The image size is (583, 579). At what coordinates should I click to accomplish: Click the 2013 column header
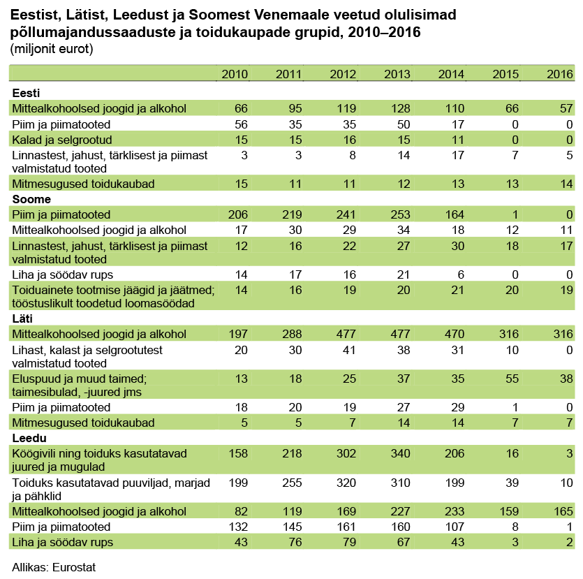click(397, 74)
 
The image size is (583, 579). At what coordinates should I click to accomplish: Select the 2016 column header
click(559, 74)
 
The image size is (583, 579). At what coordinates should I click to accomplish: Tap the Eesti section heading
click(26, 93)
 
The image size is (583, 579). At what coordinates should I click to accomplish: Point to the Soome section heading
click(31, 199)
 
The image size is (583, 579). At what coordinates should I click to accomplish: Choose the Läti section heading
click(22, 318)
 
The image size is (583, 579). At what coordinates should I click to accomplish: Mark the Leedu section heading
click(29, 438)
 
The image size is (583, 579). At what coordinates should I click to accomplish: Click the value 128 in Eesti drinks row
click(400, 108)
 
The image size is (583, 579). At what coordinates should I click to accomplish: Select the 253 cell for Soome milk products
click(400, 214)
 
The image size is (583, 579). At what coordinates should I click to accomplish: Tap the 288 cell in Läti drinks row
click(292, 334)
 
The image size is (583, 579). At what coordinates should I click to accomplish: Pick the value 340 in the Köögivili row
click(400, 453)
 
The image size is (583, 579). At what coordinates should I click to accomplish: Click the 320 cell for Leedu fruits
click(346, 483)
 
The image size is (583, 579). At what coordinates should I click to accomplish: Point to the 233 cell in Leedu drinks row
click(455, 511)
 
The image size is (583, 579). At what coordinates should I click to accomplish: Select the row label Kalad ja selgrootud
click(62, 140)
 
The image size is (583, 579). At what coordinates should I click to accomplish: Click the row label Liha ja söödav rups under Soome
click(62, 274)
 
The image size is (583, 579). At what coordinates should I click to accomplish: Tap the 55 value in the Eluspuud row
click(512, 379)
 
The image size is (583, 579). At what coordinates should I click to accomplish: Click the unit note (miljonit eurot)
click(52, 49)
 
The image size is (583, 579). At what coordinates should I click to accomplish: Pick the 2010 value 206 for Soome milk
click(237, 214)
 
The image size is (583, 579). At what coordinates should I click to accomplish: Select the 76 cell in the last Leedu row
click(295, 542)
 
